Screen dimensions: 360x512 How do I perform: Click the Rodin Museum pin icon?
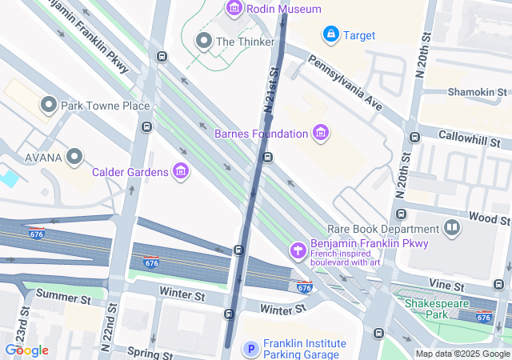click(x=234, y=9)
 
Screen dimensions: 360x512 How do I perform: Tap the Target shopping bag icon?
click(x=330, y=34)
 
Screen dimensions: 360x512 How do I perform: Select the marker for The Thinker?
click(x=203, y=41)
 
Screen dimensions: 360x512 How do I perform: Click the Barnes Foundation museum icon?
click(x=320, y=133)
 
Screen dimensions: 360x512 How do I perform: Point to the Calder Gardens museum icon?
click(x=181, y=171)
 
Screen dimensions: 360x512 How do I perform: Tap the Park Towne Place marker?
click(x=48, y=105)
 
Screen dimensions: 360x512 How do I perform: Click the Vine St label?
click(x=442, y=284)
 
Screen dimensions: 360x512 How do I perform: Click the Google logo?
click(x=26, y=350)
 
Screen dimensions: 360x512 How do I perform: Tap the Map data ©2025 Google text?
click(x=462, y=354)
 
